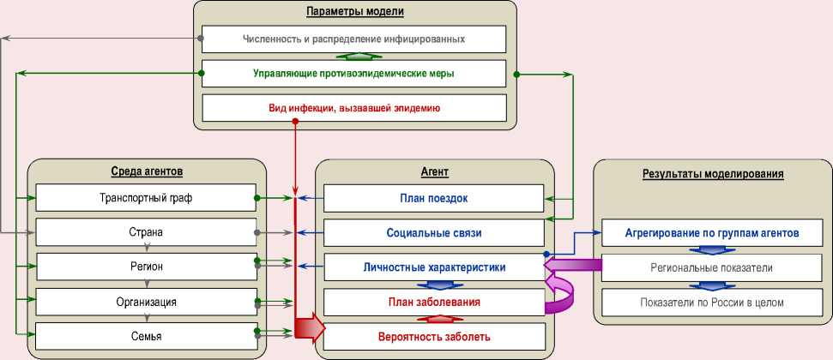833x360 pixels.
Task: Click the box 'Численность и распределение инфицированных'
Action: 353,39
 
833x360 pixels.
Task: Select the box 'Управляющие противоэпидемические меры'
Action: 353,74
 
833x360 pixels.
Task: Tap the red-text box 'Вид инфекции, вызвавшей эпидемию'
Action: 353,108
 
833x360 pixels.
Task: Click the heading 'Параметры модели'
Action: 355,11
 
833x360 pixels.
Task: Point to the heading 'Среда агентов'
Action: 147,171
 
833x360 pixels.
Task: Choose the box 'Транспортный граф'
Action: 146,198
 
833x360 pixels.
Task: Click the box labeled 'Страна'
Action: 146,232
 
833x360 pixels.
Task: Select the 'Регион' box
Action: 146,267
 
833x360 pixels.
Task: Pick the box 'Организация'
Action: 146,302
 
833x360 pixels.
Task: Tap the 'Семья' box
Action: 146,336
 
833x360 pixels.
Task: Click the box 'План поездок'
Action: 433,198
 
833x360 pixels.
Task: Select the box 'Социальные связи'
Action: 433,232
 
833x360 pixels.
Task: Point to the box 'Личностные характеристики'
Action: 433,267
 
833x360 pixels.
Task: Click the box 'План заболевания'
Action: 433,302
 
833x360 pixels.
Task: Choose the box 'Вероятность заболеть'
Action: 433,336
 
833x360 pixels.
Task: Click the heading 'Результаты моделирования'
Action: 712,173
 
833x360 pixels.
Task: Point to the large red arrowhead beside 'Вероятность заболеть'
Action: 312,327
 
